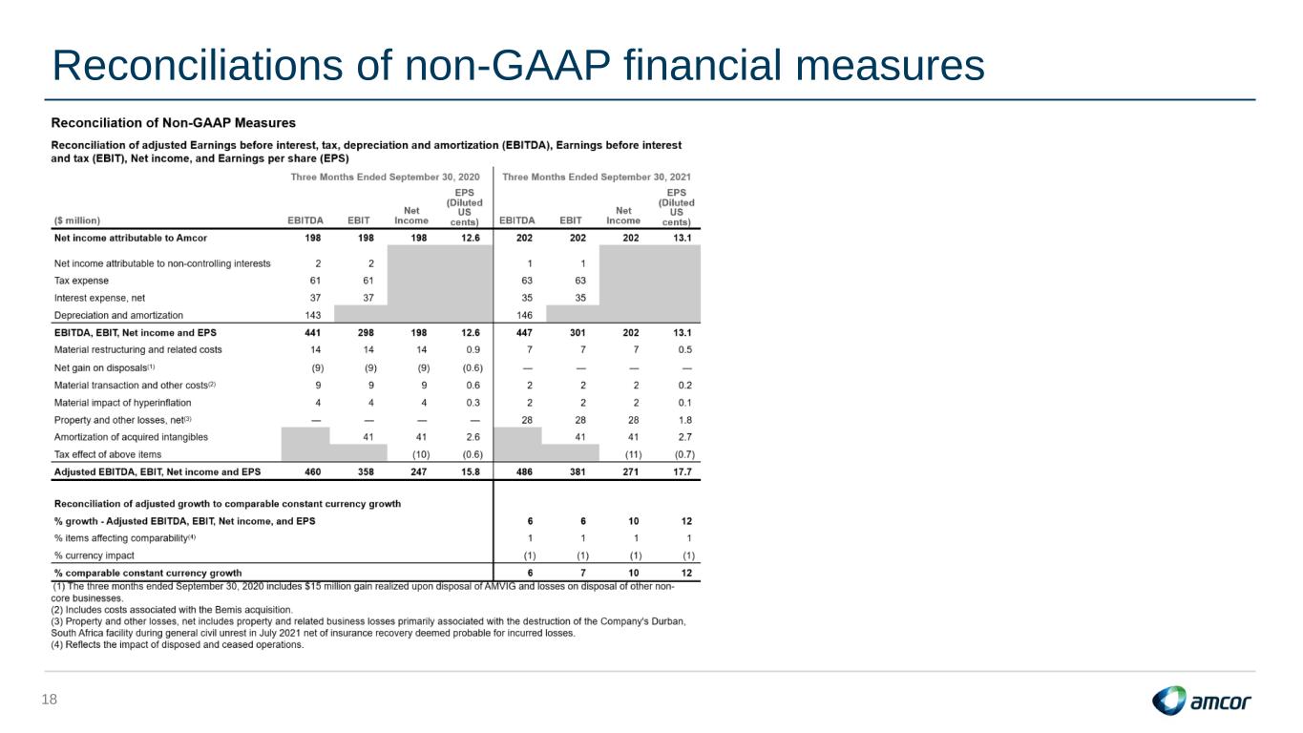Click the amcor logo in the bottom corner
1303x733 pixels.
[1201, 701]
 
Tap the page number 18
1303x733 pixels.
[50, 700]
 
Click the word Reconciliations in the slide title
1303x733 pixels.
[198, 65]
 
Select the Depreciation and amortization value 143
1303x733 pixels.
[313, 315]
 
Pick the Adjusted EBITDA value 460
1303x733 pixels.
[313, 471]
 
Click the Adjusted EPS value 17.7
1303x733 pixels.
[683, 471]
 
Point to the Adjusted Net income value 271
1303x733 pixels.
[631, 471]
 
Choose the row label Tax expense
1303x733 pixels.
[81, 281]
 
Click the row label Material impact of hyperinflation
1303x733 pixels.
[123, 403]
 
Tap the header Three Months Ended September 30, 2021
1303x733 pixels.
[597, 177]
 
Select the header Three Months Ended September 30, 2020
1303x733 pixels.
[385, 177]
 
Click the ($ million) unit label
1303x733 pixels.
[76, 220]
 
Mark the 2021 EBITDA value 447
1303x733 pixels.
[524, 333]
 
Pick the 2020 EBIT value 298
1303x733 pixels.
[366, 333]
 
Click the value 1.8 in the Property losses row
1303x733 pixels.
[685, 420]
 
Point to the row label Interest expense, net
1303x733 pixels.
[99, 298]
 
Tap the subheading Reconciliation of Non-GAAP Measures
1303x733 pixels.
[174, 123]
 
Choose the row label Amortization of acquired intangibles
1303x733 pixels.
[131, 437]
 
